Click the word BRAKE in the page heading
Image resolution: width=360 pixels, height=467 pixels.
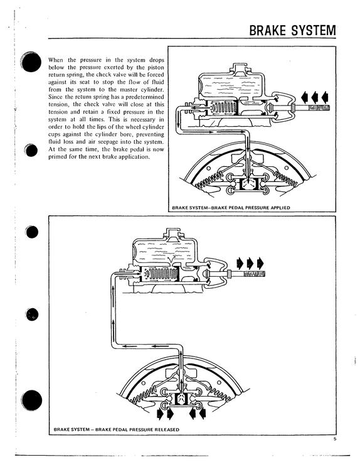click(x=268, y=30)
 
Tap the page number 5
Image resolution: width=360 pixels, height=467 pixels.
click(x=335, y=439)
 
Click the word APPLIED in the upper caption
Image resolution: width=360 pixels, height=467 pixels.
click(x=280, y=208)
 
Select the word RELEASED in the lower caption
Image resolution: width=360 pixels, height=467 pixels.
click(x=167, y=429)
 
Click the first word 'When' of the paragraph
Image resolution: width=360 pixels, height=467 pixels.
click(x=56, y=60)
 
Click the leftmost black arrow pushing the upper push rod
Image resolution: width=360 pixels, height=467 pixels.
click(x=305, y=97)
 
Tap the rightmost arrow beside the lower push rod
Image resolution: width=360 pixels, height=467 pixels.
click(x=260, y=262)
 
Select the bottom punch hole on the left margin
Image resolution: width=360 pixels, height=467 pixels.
click(x=32, y=400)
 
